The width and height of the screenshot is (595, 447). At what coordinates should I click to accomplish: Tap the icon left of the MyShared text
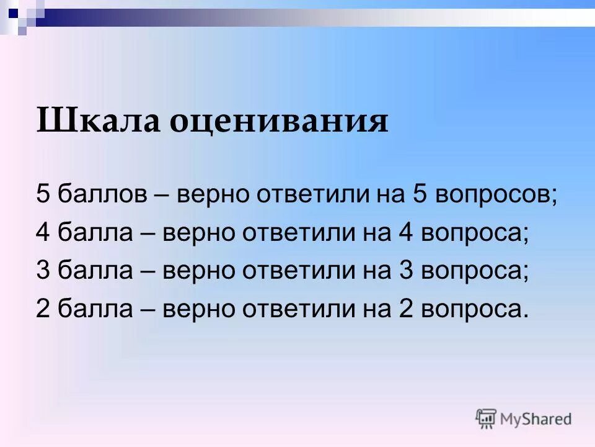tap(486, 418)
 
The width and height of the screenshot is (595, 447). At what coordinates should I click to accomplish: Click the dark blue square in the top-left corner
tap(14, 10)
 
